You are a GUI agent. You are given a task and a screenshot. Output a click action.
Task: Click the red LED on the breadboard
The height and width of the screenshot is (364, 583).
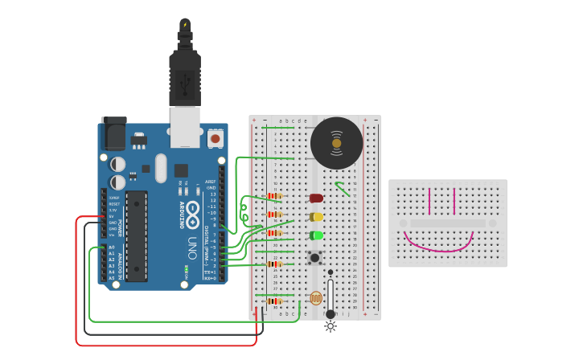[316, 198]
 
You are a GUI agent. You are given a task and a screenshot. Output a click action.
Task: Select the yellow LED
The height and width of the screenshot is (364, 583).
[316, 217]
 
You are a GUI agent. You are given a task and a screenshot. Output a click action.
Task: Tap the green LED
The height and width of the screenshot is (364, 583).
[316, 235]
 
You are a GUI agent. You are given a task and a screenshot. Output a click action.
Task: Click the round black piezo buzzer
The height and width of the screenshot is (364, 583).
[336, 143]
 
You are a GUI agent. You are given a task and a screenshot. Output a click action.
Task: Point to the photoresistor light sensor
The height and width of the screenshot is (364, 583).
[316, 299]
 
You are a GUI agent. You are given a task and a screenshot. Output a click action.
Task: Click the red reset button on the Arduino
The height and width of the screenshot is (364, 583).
[215, 139]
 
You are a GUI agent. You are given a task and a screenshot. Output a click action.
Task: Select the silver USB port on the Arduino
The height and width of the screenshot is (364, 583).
[185, 127]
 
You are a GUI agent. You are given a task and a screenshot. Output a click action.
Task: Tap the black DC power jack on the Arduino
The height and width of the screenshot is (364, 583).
[113, 133]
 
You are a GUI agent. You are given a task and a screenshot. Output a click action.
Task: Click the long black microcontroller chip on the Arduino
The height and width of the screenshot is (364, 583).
[136, 236]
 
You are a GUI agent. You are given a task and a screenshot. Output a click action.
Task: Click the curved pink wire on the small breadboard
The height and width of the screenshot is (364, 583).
[437, 243]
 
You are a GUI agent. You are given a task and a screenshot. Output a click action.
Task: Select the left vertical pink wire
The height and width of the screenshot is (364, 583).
[429, 202]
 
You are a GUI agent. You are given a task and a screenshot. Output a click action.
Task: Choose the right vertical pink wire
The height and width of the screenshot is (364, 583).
[454, 202]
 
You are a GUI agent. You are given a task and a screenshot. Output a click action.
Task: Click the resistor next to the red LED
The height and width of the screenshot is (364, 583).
[275, 196]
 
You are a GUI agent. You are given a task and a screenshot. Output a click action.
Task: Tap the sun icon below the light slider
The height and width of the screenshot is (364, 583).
[330, 326]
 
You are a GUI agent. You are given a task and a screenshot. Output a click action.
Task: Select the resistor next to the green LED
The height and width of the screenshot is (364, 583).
[275, 234]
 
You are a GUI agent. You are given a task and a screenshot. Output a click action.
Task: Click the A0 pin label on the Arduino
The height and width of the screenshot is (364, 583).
[111, 247]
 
